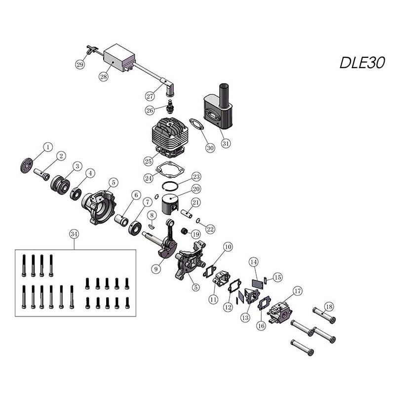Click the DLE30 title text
click(362, 63)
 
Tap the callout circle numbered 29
click(80, 65)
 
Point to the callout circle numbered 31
click(226, 143)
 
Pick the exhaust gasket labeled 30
click(196, 124)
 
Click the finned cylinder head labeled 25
click(170, 137)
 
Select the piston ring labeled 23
click(170, 185)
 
